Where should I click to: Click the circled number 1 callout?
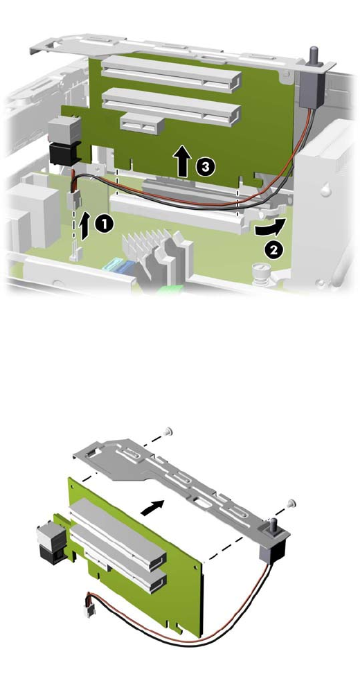[x=104, y=224]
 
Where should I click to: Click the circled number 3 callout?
[x=205, y=166]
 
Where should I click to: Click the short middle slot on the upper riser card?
[x=143, y=124]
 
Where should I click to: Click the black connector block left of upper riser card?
[x=65, y=154]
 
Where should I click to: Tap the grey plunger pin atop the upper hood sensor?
[x=312, y=56]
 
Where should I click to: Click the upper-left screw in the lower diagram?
[x=168, y=432]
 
